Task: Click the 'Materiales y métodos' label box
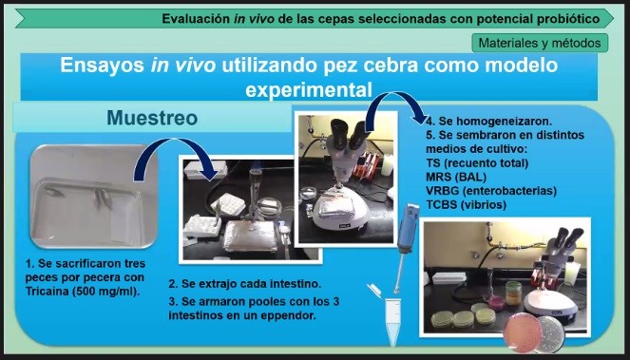[540, 43]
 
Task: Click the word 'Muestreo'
[152, 118]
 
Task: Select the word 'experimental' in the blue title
[309, 89]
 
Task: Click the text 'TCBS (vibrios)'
[466, 204]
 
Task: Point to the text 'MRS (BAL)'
[456, 177]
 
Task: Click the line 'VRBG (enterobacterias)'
[491, 190]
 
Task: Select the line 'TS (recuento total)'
[477, 162]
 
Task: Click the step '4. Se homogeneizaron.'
[489, 121]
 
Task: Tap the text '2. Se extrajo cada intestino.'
[245, 284]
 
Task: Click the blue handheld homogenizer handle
[408, 228]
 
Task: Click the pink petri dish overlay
[524, 333]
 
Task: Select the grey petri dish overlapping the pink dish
[551, 334]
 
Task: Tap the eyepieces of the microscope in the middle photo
[348, 134]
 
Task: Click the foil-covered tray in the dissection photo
[250, 236]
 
